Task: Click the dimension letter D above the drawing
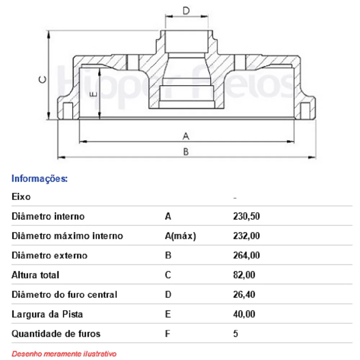[x=186, y=11]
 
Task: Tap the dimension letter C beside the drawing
[x=43, y=80]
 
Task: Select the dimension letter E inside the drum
[x=94, y=94]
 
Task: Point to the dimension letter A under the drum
[x=186, y=136]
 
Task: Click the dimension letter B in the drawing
[x=186, y=152]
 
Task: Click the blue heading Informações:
[x=40, y=179]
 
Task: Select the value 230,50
[x=246, y=216]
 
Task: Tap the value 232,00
[x=246, y=236]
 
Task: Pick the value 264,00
[x=246, y=255]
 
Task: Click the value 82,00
[x=244, y=275]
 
